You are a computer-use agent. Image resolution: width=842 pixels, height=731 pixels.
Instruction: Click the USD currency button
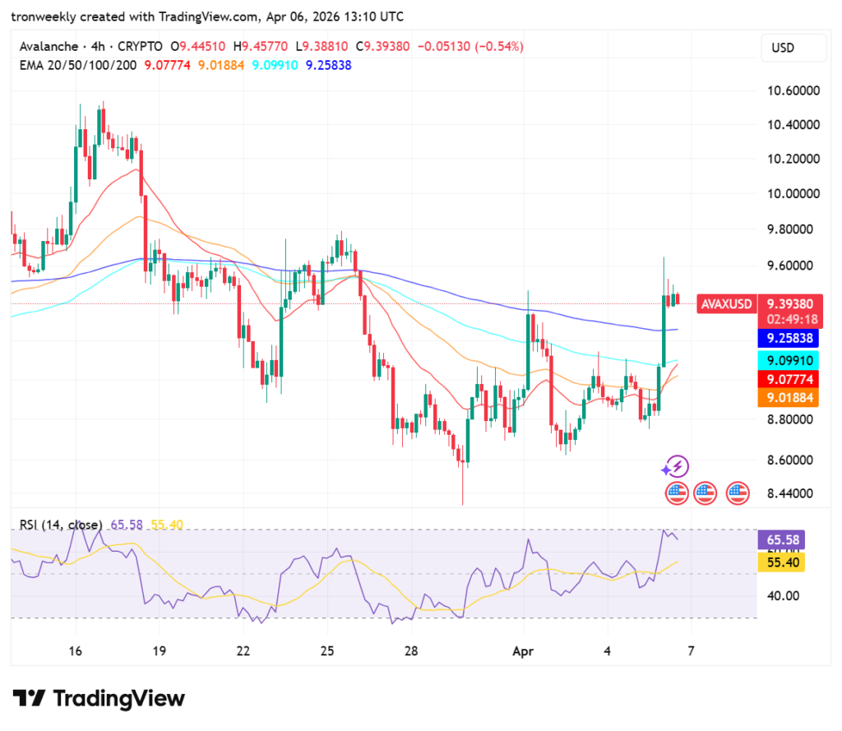[782, 48]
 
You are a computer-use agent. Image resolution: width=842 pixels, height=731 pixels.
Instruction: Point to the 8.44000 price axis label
[790, 493]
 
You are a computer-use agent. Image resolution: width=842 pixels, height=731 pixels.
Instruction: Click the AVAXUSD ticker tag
[725, 304]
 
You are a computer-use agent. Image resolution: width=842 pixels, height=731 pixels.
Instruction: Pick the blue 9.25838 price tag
[789, 338]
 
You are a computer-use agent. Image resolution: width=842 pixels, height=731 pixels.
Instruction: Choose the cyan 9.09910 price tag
[789, 360]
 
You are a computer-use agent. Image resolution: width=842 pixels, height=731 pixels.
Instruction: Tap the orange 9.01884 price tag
[789, 398]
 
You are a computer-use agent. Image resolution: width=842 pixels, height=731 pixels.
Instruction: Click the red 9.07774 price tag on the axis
[789, 379]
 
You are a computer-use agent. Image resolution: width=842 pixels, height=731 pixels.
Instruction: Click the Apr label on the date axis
[523, 650]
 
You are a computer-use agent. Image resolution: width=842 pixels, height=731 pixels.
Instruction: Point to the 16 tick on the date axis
[76, 650]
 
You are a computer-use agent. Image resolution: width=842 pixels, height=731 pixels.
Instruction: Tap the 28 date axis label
[411, 650]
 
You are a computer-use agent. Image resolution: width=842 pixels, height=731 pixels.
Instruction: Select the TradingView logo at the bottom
[99, 699]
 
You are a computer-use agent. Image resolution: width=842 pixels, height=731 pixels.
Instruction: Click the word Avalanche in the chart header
[49, 47]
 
